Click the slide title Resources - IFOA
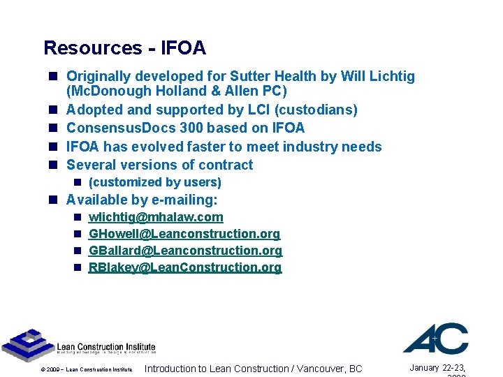[124, 48]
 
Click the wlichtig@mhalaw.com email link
[156, 218]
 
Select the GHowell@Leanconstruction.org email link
[184, 234]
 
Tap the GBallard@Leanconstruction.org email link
[185, 251]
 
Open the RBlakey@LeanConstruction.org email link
[185, 267]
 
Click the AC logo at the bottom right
[435, 339]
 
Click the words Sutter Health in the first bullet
[279, 76]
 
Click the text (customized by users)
[154, 182]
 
